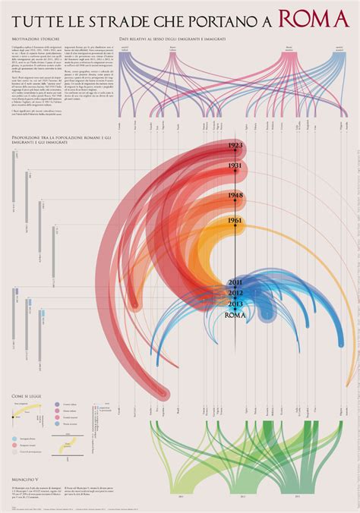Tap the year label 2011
pos(235,282)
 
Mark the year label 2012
pos(235,293)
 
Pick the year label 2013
pos(235,304)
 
